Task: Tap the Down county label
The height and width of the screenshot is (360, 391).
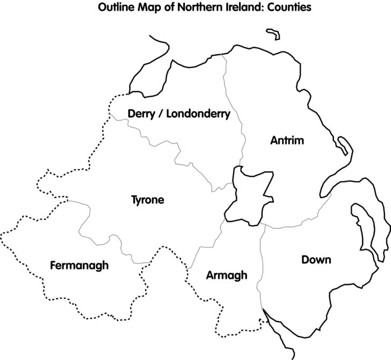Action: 316,260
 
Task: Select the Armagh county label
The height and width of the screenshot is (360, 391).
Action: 227,275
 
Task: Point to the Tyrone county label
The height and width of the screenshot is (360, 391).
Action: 147,200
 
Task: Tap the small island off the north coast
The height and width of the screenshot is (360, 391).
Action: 273,35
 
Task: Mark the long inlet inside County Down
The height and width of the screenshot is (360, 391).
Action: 363,225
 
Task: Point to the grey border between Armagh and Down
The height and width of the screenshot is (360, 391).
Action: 260,268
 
